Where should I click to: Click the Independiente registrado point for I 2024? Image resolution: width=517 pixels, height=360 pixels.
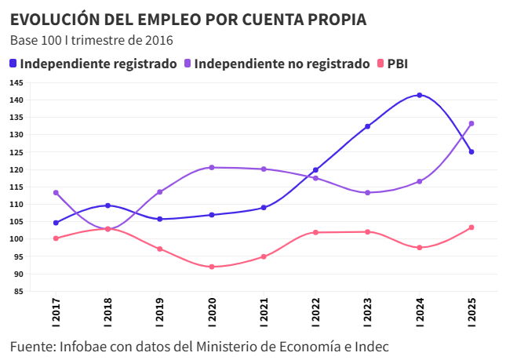point(420,95)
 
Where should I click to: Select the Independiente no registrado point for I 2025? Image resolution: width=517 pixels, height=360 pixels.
point(471,123)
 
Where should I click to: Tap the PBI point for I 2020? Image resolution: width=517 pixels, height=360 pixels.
point(212,267)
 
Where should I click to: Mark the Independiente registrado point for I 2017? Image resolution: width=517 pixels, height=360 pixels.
point(56,223)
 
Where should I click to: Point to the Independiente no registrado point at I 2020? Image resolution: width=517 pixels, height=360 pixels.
point(212,167)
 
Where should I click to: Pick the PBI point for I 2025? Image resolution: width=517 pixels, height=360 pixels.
point(471,227)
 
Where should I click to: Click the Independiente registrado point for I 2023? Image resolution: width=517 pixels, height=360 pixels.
point(367,126)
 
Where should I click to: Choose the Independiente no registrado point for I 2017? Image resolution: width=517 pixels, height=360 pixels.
point(56,192)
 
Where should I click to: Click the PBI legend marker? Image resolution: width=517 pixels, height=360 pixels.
point(382,64)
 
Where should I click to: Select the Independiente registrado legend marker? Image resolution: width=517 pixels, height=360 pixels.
point(14,64)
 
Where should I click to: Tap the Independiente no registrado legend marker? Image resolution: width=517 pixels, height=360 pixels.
point(188,64)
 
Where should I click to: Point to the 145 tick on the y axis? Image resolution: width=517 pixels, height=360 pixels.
point(16,82)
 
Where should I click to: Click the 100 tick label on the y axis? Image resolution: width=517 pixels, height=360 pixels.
point(16,238)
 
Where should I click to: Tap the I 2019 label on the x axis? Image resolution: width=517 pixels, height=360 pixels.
point(160,314)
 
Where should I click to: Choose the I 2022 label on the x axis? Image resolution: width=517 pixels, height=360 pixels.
point(316,314)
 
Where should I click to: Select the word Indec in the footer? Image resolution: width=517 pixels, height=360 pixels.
point(370,346)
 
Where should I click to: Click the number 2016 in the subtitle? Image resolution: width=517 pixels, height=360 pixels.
point(158,40)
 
